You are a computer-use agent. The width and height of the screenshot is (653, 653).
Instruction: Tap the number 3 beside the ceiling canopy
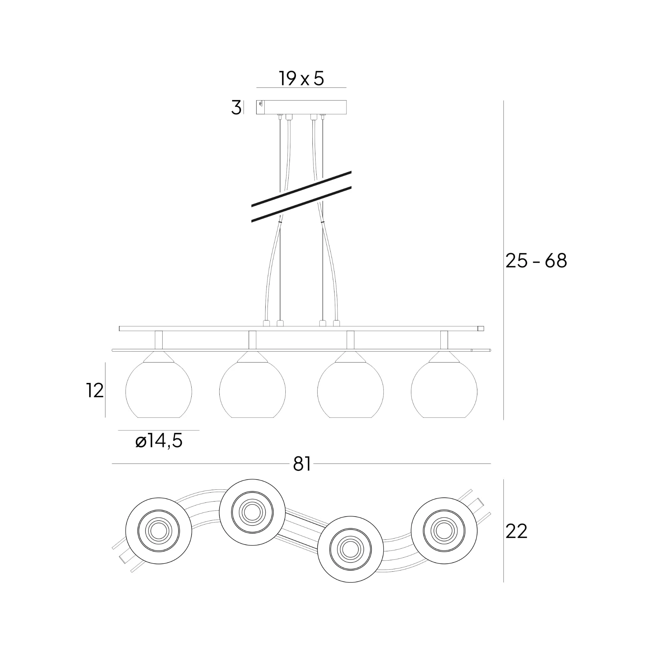point(236,108)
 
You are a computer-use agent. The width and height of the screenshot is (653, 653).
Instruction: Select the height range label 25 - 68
point(536,261)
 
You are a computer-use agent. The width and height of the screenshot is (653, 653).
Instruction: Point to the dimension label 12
point(95,391)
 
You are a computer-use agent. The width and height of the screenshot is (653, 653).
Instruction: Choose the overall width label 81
point(302,464)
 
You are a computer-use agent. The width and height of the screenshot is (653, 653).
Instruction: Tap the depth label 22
point(517,531)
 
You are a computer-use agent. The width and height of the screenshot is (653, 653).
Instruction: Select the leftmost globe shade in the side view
point(159,390)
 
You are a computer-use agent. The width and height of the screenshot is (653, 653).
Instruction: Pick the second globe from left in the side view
point(253,390)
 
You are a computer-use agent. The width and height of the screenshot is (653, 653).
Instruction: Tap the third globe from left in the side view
point(350,390)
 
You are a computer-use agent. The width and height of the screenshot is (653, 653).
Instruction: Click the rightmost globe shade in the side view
point(444,390)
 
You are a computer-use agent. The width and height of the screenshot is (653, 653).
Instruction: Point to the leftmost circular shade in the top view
point(159,531)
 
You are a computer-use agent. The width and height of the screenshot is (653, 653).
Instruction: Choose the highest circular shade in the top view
point(253,512)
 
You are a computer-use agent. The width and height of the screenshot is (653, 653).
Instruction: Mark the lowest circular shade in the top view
point(350,549)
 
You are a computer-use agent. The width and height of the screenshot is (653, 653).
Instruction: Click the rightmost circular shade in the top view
point(444,531)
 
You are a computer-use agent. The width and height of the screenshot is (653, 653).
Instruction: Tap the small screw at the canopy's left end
point(260,104)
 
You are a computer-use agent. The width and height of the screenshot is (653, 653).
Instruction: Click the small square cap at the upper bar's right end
point(481,328)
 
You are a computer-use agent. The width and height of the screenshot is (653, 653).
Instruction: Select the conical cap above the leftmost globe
point(159,357)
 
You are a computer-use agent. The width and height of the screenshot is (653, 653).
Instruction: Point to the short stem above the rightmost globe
point(444,340)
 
